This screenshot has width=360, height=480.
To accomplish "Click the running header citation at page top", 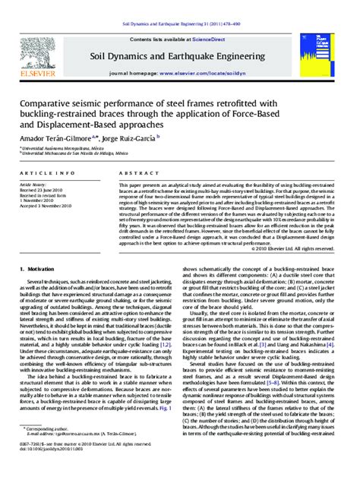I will (x=180, y=26).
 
